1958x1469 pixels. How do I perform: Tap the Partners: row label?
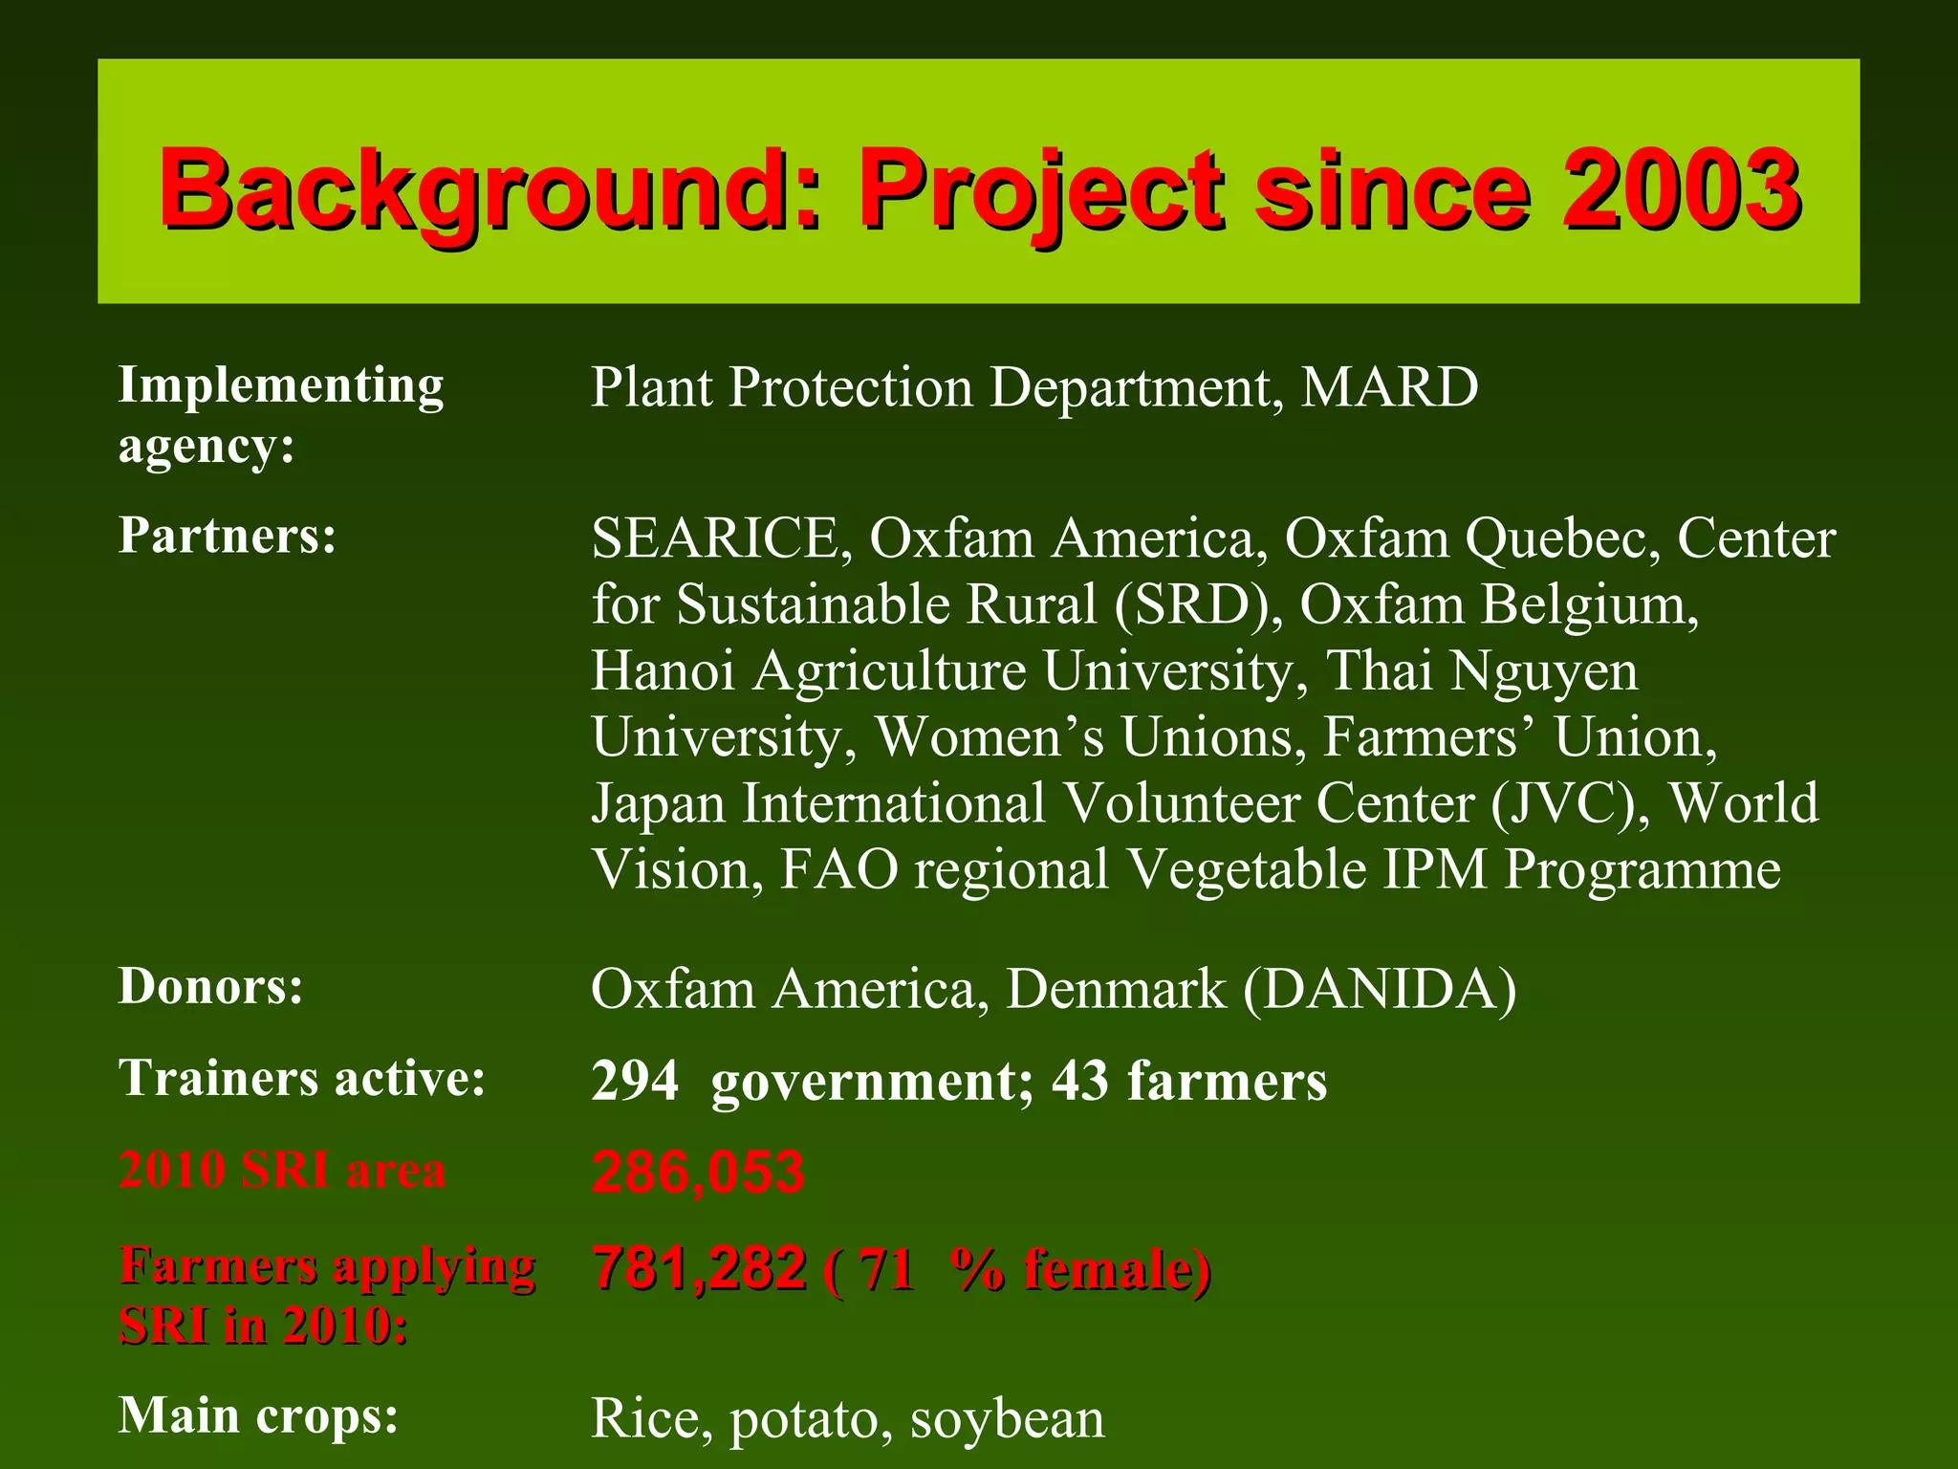click(x=228, y=535)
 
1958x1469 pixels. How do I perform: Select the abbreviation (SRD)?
click(x=1199, y=605)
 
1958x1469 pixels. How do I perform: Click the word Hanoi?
click(x=663, y=671)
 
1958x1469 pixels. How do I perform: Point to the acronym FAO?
click(x=839, y=870)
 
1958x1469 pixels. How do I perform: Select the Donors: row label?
click(x=210, y=986)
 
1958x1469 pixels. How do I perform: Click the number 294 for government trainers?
click(x=635, y=1082)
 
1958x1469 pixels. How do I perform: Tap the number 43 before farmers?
click(x=1080, y=1082)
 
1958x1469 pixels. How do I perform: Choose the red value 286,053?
click(x=698, y=1173)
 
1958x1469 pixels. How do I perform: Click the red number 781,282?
click(x=700, y=1269)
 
